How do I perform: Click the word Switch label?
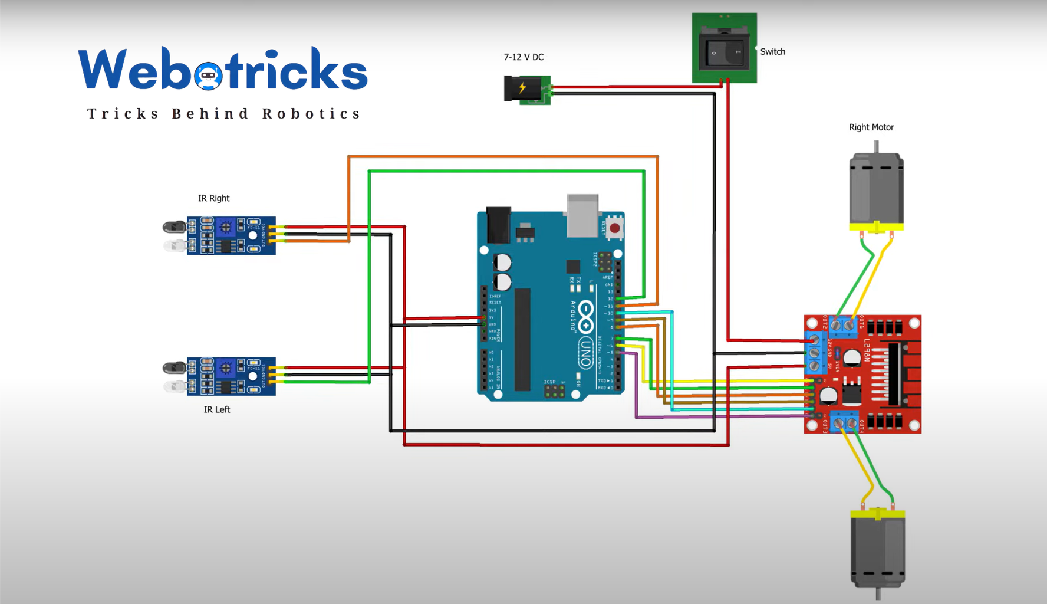tap(772, 52)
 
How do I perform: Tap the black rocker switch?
tap(725, 52)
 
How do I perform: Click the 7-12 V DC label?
tap(523, 57)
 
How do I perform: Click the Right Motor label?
tap(871, 127)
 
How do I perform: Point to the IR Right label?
tap(213, 198)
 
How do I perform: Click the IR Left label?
tap(216, 409)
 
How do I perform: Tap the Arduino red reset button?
tap(614, 228)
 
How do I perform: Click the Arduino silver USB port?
tap(582, 215)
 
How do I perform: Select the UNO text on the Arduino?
tap(585, 352)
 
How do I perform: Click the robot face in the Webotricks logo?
tap(208, 75)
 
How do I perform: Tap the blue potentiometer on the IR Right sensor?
tap(225, 226)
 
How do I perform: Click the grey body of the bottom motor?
tap(877, 552)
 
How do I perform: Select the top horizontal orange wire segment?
tap(501, 156)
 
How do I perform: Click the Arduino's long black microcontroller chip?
tap(522, 339)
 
